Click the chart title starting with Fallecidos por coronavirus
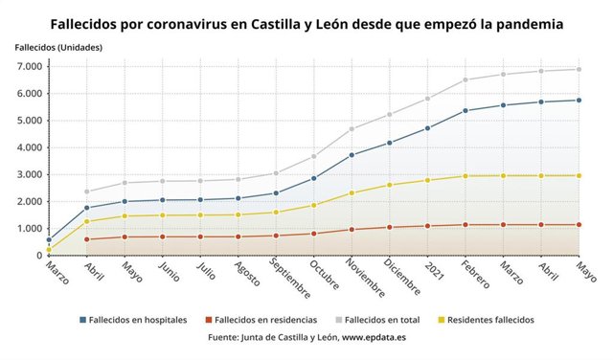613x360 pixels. (306, 20)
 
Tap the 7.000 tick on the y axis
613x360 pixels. (27, 66)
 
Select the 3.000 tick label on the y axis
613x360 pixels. (27, 174)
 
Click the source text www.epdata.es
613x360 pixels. (374, 338)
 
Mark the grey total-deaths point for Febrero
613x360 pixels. (465, 79)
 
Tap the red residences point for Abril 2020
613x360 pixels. (87, 239)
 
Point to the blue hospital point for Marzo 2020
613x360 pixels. (49, 240)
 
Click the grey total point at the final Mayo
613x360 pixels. (579, 69)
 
